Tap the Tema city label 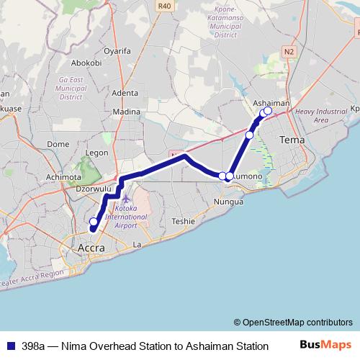292,139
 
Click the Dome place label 57,144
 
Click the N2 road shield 289,52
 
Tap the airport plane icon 127,198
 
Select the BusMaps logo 325,346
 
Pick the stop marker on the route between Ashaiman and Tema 250,135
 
